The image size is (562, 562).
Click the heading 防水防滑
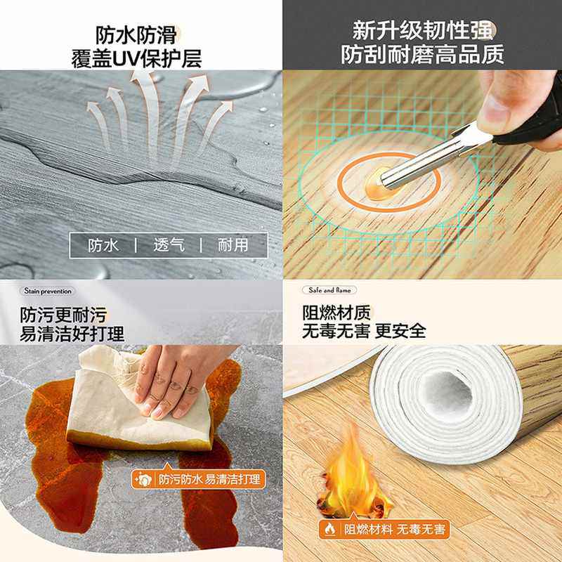[x=136, y=34]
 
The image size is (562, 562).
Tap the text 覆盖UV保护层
[x=136, y=58]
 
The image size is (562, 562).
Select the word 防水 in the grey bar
[x=103, y=245]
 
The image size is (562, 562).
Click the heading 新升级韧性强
[x=423, y=32]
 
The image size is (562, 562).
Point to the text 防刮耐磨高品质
[x=423, y=55]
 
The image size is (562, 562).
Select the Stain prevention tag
[x=48, y=290]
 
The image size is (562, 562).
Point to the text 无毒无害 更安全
[x=364, y=331]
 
